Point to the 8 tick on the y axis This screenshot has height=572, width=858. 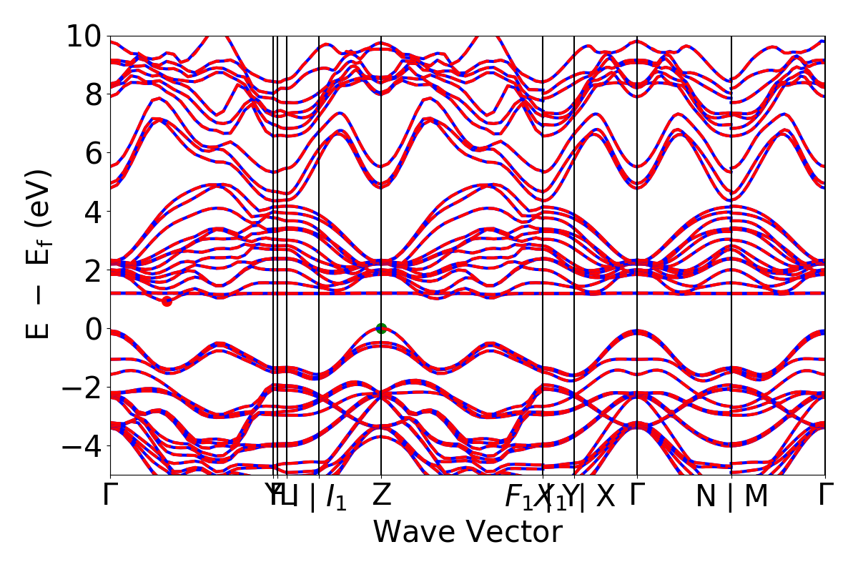(93, 94)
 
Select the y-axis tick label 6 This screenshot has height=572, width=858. (93, 153)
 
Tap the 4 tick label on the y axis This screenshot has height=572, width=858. (93, 212)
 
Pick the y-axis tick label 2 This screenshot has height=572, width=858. (93, 270)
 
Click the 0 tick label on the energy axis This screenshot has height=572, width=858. (93, 329)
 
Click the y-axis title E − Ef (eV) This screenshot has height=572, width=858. (40, 255)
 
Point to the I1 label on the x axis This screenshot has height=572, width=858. (336, 497)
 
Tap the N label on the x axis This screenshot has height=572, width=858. (706, 496)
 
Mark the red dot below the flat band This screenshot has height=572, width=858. (167, 301)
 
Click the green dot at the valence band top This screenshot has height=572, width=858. (381, 328)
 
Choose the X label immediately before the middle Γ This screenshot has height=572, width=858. (605, 496)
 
